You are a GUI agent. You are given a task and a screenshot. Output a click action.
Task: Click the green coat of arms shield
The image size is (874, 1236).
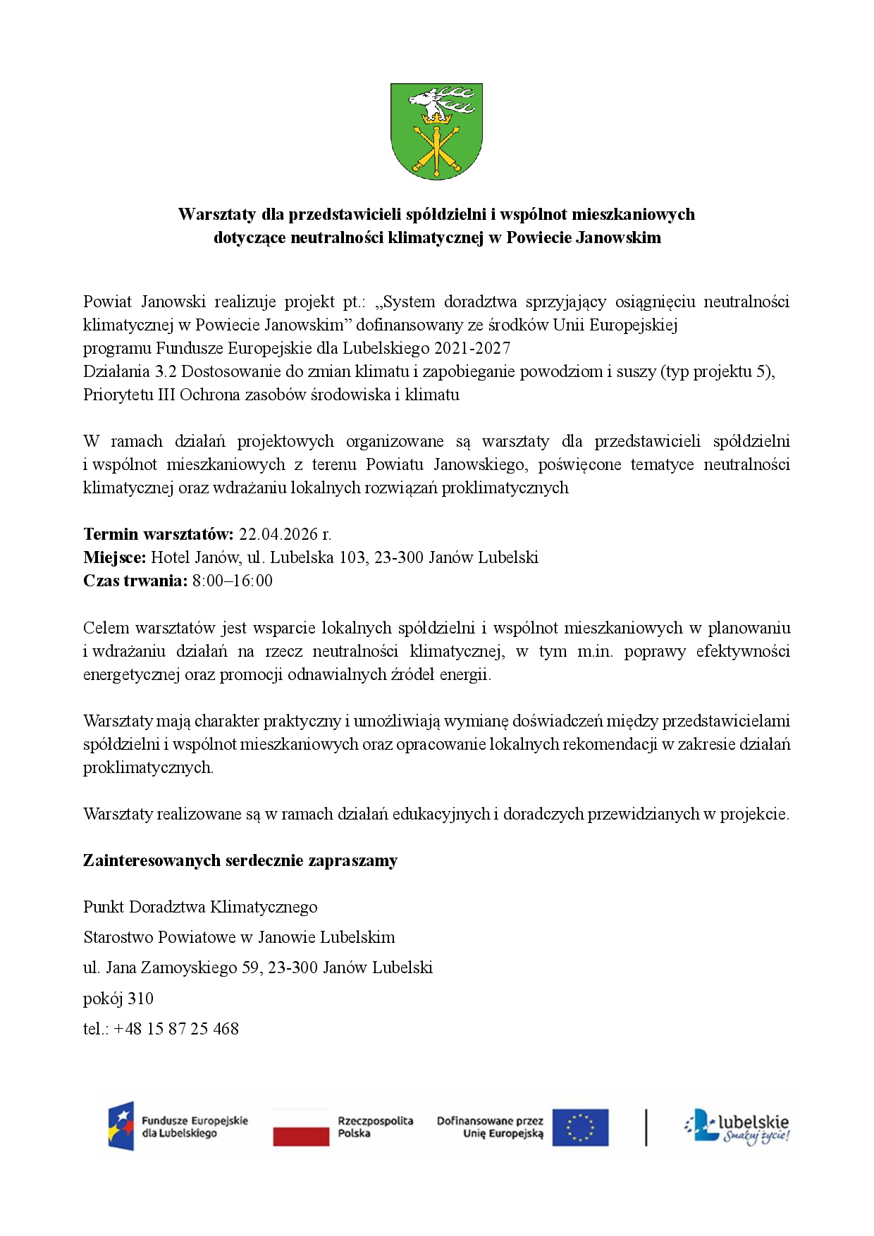[436, 132]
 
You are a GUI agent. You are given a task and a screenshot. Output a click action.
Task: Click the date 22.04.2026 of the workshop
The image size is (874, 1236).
[285, 534]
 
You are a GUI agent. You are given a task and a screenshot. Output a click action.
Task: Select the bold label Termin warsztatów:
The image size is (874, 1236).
[158, 534]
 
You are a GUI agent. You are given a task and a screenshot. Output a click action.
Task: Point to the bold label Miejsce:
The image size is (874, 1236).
[114, 557]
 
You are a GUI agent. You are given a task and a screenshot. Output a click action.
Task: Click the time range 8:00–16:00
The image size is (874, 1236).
[233, 581]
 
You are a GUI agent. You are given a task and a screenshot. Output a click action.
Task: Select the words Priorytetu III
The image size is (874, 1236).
[129, 395]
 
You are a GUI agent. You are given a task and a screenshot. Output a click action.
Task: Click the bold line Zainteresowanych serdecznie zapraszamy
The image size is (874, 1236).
[240, 860]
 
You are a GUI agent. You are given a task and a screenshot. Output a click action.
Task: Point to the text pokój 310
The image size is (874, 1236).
[118, 999]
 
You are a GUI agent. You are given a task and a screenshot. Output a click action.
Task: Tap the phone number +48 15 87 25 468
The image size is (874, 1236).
[176, 1029]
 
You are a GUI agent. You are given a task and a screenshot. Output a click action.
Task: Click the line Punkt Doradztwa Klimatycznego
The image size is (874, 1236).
[200, 907]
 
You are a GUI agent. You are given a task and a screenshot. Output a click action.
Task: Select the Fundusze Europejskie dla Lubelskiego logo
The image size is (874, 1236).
[178, 1126]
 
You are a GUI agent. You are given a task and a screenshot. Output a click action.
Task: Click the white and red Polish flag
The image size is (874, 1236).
[301, 1127]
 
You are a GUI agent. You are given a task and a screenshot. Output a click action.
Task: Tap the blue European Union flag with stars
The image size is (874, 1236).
[580, 1127]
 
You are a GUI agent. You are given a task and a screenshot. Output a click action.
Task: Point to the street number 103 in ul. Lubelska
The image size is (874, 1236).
[352, 557]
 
